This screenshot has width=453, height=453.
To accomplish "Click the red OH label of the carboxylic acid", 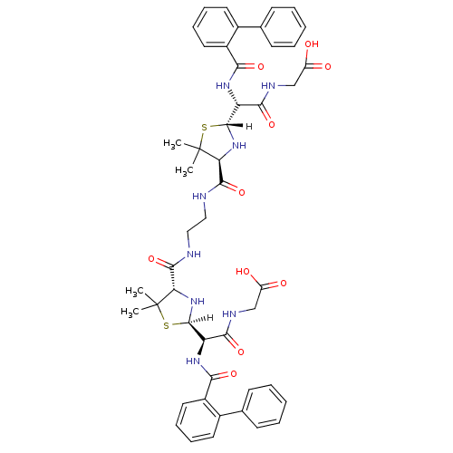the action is coord(312,43).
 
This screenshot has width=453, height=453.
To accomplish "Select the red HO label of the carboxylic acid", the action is coord(242,271).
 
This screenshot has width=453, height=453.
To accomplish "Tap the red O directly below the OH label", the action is coord(328,66).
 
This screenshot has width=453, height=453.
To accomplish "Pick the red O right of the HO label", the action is coord(283,284).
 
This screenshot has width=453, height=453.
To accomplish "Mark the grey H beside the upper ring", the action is coord(249,127).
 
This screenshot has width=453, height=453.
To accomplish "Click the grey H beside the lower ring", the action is coord(209,318).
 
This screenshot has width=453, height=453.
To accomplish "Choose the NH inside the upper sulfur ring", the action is coord(239,146).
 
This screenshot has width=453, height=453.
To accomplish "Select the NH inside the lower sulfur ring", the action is coord(198,302).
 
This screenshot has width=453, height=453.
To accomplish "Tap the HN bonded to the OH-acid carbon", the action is coord(268,87).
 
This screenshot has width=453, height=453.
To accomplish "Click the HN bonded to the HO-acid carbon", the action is coord(228,314).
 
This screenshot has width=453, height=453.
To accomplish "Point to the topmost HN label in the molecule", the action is coord(223,85).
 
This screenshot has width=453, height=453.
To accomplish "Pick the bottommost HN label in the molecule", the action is coord(192,361).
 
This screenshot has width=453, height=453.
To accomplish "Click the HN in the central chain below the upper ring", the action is coord(200,195).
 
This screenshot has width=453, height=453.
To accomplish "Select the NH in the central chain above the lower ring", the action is coord(193,255).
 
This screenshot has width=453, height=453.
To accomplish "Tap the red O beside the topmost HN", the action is coord(261,66).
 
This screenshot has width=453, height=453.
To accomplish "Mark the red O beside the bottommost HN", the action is coord(234,373).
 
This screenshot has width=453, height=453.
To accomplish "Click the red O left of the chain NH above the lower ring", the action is coord(151,259).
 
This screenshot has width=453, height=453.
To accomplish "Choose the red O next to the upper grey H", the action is coord(271,124).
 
